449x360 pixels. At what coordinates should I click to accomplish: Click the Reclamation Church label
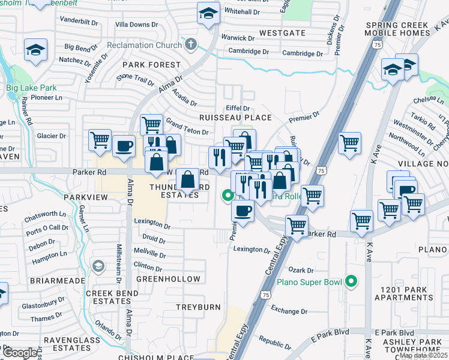(x=144, y=45)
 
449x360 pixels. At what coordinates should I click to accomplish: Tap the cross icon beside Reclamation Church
(x=191, y=44)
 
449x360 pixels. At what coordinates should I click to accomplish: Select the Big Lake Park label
(x=31, y=88)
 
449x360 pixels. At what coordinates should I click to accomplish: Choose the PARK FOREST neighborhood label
(x=151, y=64)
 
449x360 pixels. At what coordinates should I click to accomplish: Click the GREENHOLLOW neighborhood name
(x=168, y=279)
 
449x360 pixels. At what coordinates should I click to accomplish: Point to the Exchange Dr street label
(x=289, y=311)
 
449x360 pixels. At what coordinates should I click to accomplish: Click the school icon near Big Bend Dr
(x=35, y=50)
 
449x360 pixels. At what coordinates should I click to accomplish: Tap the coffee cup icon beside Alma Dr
(x=124, y=146)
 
